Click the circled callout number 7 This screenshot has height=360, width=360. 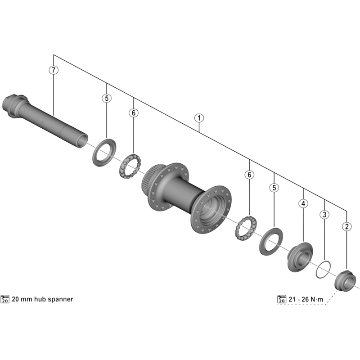tap(54, 70)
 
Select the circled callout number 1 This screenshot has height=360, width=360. tap(199, 118)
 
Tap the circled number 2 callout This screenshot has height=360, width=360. tap(346, 227)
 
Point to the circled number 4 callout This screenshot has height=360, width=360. tap(303, 203)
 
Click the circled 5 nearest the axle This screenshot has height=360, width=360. tap(106, 98)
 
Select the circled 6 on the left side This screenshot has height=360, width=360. tap(134, 112)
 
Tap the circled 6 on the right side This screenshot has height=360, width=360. tap(249, 175)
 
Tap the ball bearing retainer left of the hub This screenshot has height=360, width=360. tap(130, 166)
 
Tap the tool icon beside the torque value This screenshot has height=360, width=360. tap(282, 299)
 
